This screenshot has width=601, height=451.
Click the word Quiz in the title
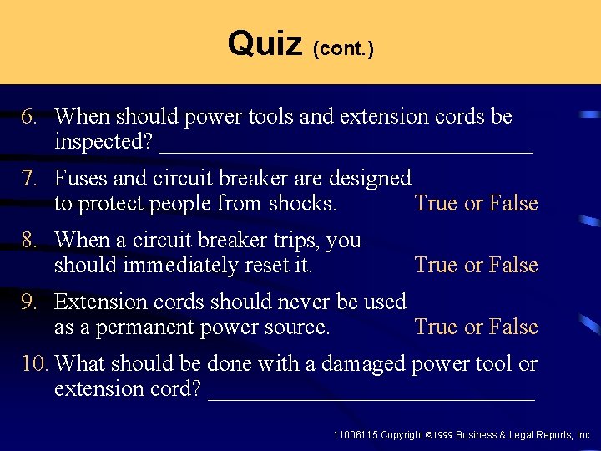(265, 43)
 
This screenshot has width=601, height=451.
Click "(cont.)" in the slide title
(343, 49)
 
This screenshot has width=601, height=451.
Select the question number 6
(29, 116)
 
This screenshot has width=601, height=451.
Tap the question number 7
(29, 178)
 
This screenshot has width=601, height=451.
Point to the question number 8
(29, 240)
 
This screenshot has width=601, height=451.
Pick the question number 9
(29, 302)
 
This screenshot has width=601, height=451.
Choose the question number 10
(33, 363)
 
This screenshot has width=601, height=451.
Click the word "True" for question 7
(437, 204)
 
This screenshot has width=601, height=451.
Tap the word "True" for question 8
(437, 266)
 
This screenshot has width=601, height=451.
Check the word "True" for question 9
(437, 327)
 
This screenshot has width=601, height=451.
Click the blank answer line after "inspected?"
(345, 150)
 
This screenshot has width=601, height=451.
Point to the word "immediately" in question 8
(165, 266)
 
